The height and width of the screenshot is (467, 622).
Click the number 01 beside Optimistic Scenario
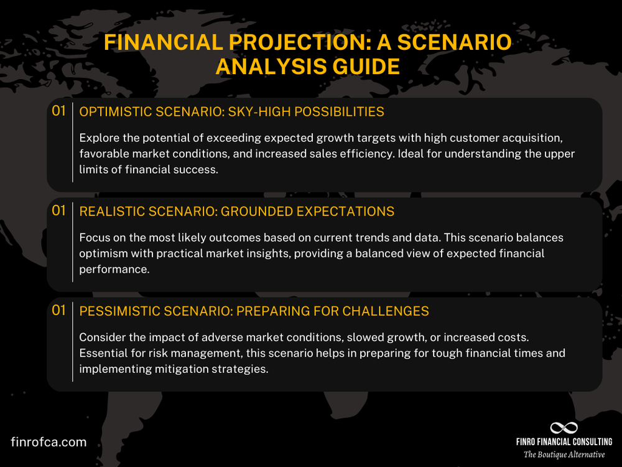[x=58, y=111]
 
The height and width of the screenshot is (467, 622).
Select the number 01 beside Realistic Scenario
[x=58, y=211]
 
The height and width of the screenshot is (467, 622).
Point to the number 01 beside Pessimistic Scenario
[x=58, y=310]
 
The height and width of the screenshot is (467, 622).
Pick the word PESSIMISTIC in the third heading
[x=118, y=311]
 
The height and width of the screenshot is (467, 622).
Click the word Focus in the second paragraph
[x=94, y=237]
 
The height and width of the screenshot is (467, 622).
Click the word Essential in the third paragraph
[x=102, y=353]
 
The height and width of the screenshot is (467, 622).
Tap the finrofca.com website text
[x=49, y=442]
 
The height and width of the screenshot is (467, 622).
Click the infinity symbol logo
[x=564, y=428]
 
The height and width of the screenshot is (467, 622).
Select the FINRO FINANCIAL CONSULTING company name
[x=564, y=442]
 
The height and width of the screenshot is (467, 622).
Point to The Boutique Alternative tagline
[x=564, y=455]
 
